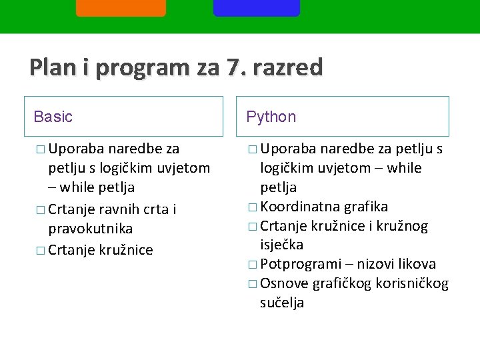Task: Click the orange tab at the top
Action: [x=121, y=7]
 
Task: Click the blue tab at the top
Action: [x=257, y=7]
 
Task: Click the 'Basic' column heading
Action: [x=53, y=117]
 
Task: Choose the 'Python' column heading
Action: [x=271, y=117]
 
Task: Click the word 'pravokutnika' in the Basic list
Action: [x=90, y=229]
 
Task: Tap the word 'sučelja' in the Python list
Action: [x=282, y=303]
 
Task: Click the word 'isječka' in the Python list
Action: [x=282, y=245]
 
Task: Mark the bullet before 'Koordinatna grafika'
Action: [x=251, y=207]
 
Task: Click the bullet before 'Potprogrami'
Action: [x=251, y=265]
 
